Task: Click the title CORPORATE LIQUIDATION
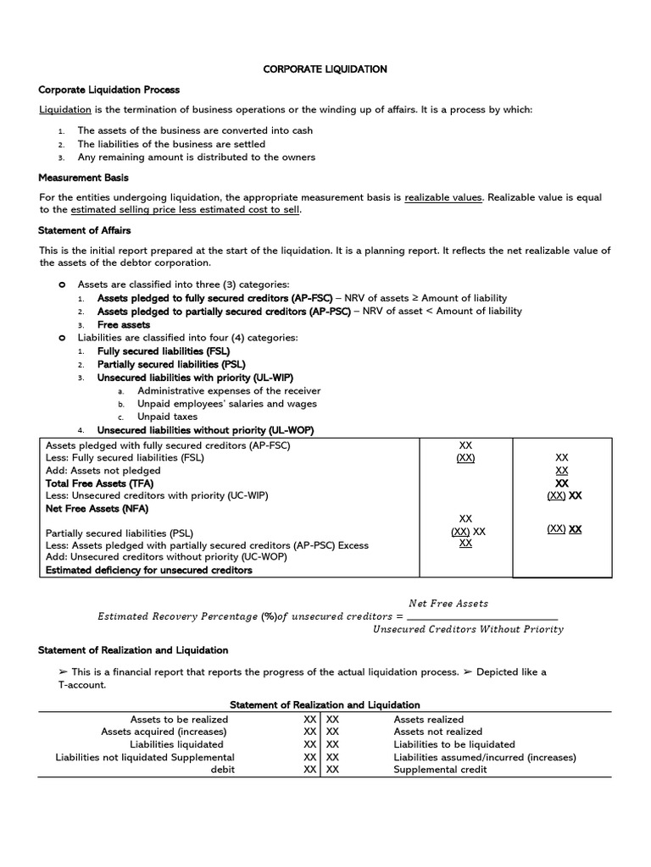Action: point(325,69)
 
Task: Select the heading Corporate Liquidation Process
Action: point(109,90)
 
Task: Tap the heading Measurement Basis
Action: point(81,177)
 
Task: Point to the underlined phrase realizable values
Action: point(442,197)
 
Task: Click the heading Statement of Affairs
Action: point(85,229)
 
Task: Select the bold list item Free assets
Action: point(124,324)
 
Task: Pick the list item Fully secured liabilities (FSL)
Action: point(163,351)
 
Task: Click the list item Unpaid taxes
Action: point(167,417)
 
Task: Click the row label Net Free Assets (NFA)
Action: point(97,509)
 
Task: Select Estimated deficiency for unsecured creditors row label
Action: point(149,571)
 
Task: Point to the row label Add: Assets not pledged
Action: point(103,470)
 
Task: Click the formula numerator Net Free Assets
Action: point(448,604)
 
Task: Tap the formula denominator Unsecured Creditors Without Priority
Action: point(468,629)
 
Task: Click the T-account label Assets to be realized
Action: point(179,719)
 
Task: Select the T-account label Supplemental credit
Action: point(440,770)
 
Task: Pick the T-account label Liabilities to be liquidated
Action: point(453,744)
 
